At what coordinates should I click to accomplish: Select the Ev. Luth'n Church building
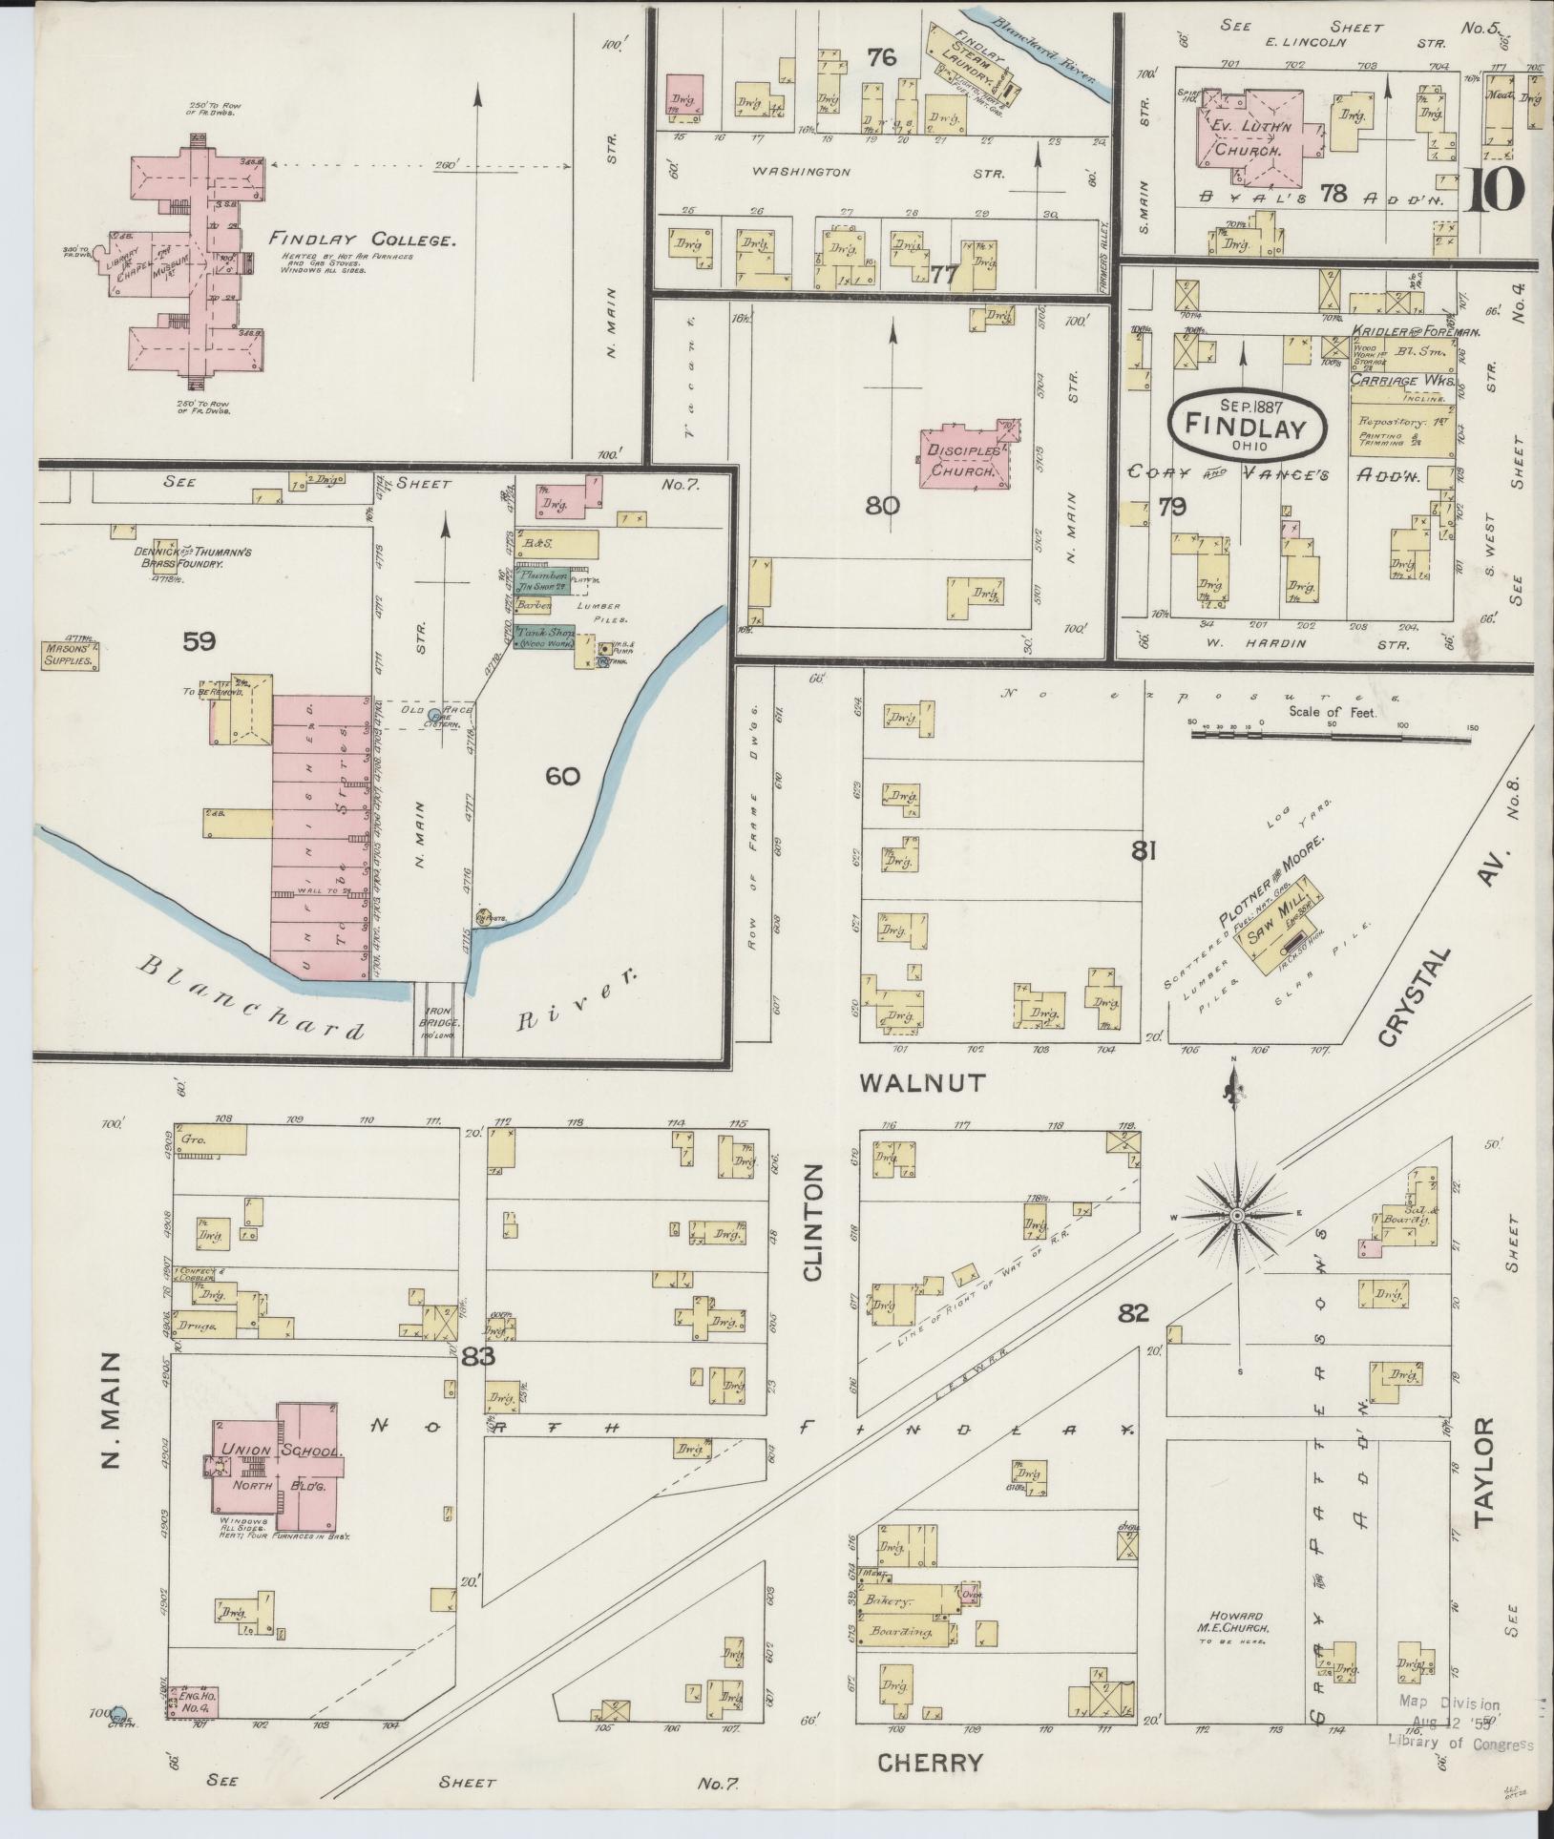pos(1254,138)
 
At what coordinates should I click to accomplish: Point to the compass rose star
pos(1236,1215)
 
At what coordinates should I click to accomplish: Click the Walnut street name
pos(921,1082)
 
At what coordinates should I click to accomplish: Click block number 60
pos(562,776)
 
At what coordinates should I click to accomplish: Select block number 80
pos(882,505)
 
